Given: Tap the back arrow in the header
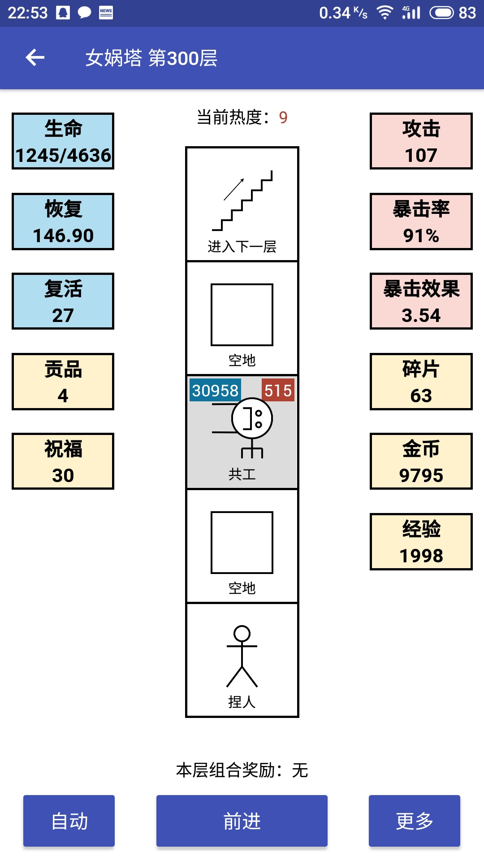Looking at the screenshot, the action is point(35,57).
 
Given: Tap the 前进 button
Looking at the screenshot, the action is point(242,821).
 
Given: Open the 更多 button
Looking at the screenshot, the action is point(415,821).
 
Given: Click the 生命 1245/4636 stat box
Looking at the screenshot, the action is point(63,141).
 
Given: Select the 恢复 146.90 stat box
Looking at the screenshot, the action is point(63,222).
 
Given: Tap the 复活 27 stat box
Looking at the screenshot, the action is point(63,301).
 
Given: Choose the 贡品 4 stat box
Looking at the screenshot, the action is point(63,382).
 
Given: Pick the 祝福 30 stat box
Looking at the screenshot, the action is point(63,461).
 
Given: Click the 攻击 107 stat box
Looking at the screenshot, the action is point(421,141).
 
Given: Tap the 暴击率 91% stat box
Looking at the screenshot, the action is point(421,222).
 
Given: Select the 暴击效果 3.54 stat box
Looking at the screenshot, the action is point(421,301).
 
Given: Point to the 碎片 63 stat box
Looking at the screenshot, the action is point(421,382).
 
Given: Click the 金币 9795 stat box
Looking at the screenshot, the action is point(421,461).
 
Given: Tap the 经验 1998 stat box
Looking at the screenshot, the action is point(421,542).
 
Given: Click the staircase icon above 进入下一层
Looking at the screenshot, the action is point(242,200).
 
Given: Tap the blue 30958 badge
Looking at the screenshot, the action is point(215,390).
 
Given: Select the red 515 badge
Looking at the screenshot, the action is point(278,390).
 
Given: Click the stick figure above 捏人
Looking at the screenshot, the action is point(242,656).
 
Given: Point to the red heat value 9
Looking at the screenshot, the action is point(283,117).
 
